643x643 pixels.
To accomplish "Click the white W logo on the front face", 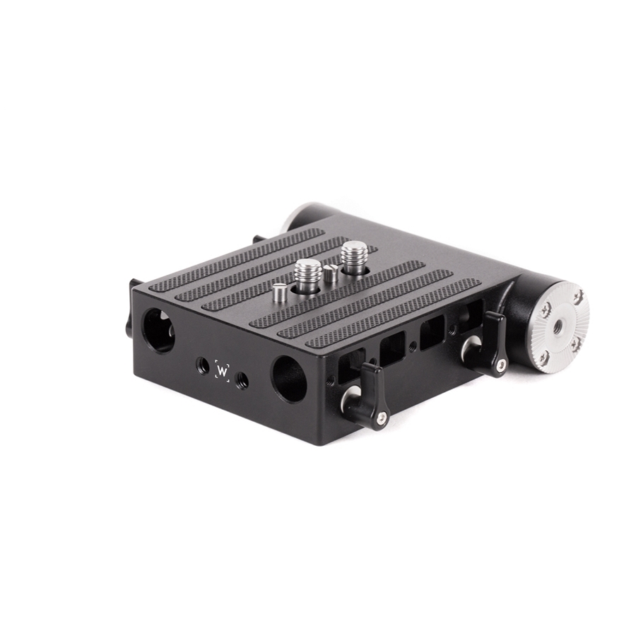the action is (223, 371).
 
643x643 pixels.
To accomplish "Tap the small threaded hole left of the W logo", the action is (201, 363).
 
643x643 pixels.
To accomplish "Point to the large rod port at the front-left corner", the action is (158, 331).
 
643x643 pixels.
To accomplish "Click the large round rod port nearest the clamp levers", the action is (289, 379).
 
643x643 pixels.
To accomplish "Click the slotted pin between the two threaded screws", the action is (331, 273).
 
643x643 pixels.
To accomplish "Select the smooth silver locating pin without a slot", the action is (280, 293).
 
